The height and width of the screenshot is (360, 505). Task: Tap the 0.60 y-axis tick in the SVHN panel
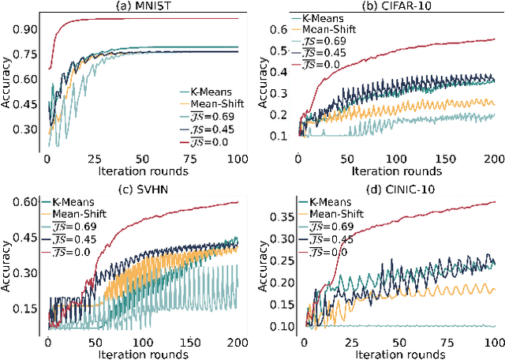pyautogui.click(x=28, y=203)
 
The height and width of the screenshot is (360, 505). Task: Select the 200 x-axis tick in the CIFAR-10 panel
pyautogui.click(x=492, y=160)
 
